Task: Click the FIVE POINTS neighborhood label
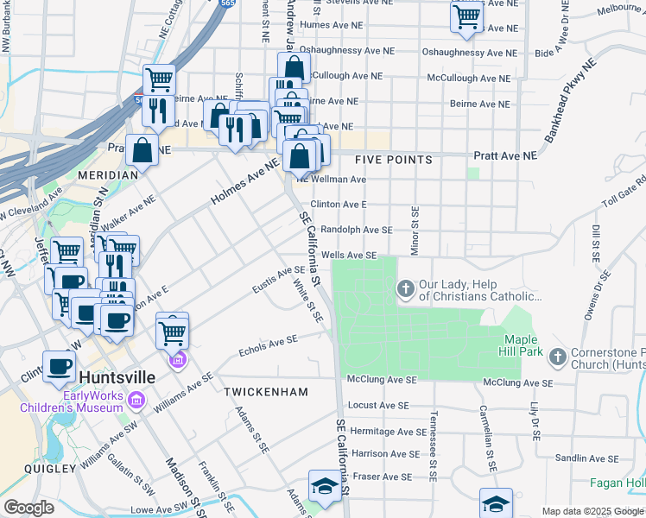[393, 160]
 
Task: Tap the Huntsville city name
[117, 377]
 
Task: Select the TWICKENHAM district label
[266, 392]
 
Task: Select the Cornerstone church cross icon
[558, 356]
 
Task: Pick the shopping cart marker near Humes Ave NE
[466, 16]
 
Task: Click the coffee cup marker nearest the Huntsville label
[59, 366]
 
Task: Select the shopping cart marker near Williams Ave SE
[173, 330]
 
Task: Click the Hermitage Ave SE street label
[388, 432]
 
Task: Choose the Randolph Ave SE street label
[356, 230]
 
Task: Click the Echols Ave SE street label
[268, 345]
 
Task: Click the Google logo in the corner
[28, 508]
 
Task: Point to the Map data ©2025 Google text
[592, 511]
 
